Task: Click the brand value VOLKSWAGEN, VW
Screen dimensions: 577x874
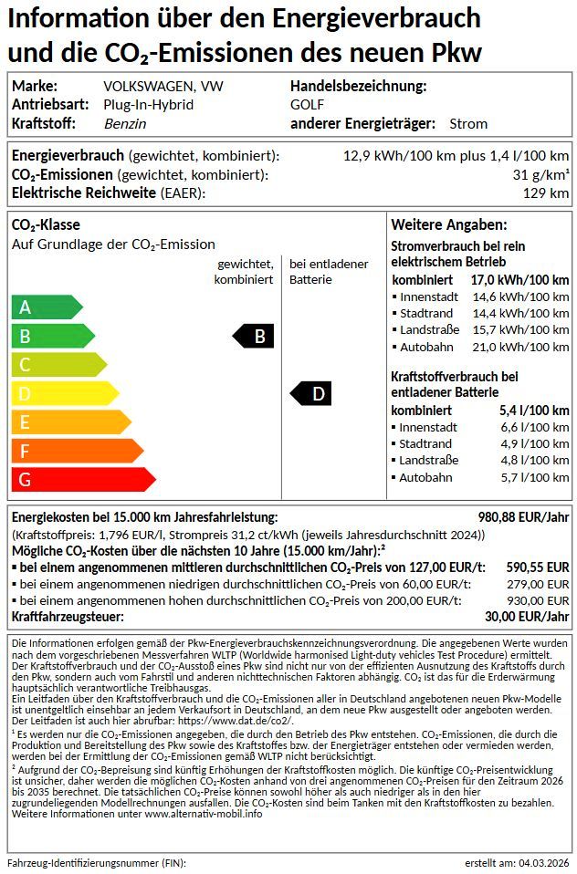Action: (x=163, y=87)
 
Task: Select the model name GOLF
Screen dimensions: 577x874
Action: (x=301, y=105)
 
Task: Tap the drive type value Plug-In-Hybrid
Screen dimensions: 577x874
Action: (x=148, y=105)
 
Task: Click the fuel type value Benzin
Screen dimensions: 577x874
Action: (x=125, y=123)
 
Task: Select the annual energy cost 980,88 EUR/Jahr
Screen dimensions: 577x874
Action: (x=523, y=517)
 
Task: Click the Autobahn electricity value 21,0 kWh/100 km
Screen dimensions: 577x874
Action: (x=520, y=347)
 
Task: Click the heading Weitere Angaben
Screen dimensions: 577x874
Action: (x=448, y=224)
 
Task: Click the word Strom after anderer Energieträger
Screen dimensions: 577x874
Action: (x=468, y=123)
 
